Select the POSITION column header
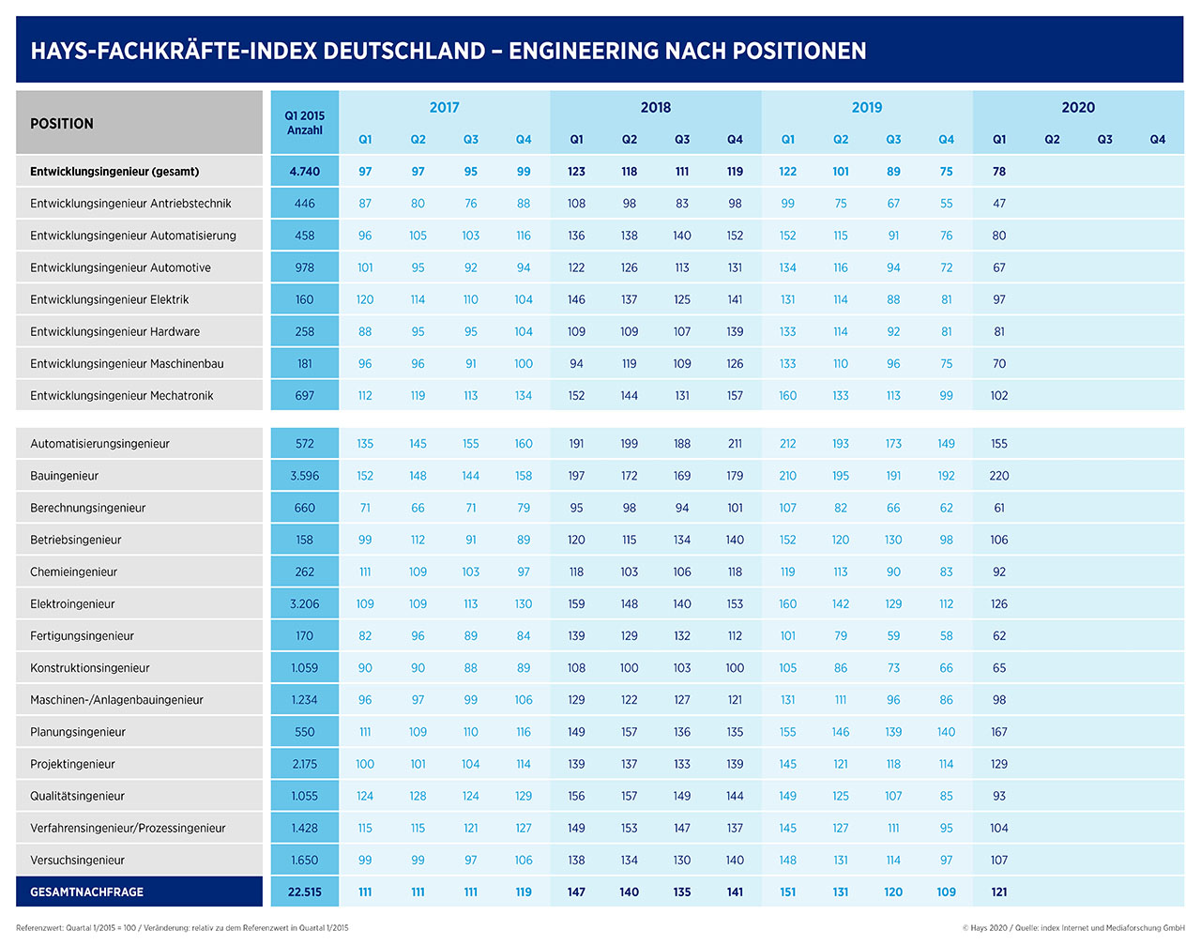62,123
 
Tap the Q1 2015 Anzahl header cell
305,123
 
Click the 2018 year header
655,107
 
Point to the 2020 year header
1078,107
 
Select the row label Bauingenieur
64,476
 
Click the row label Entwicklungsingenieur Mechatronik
122,396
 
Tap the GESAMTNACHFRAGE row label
86,892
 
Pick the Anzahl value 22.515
305,892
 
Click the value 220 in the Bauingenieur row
999,476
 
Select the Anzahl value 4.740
305,172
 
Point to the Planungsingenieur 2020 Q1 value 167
999,732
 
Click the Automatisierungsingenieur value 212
787,444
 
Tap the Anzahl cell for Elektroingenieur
305,604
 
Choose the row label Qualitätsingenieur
77,796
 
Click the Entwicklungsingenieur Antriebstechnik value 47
999,204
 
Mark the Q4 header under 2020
1158,140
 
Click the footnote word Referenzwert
39,928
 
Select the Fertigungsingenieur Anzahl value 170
305,635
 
